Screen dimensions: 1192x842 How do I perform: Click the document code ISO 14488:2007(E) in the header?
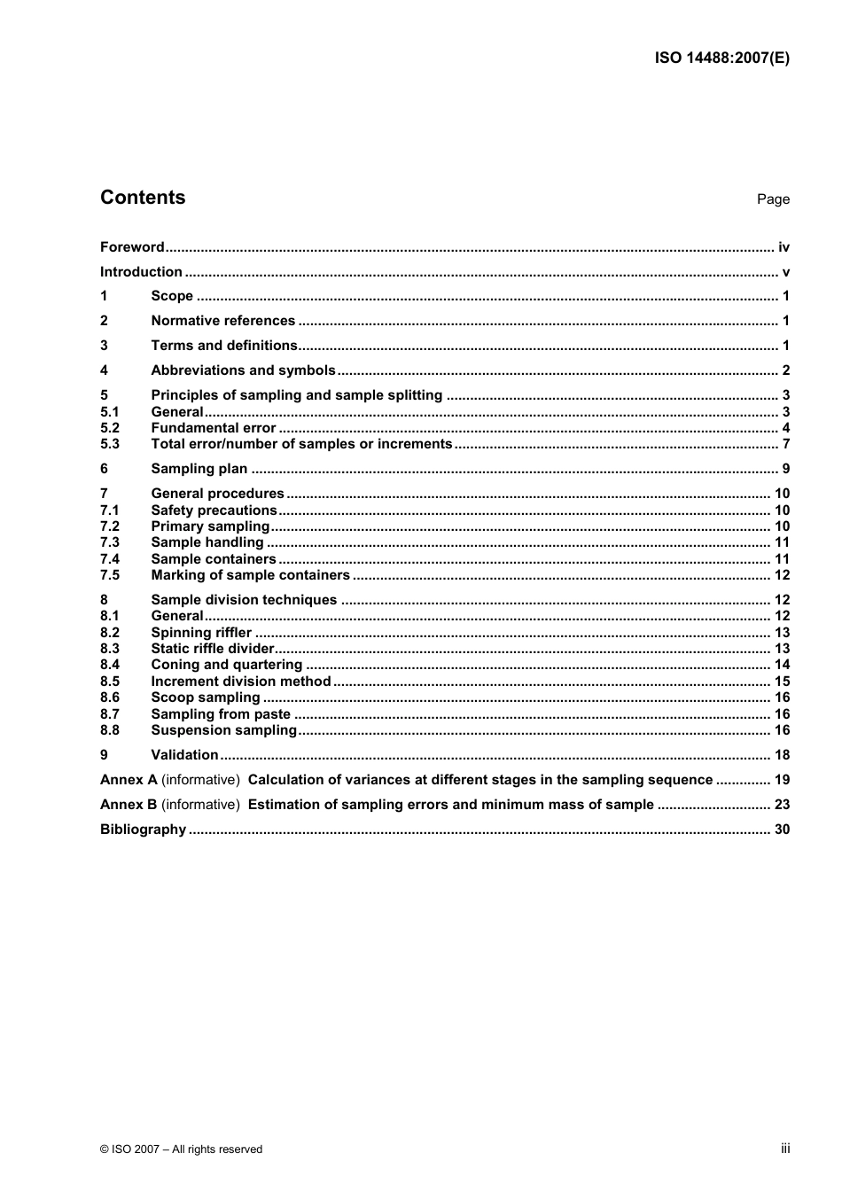click(x=721, y=58)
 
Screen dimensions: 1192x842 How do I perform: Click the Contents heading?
click(x=143, y=198)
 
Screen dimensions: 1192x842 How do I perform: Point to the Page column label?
click(x=773, y=199)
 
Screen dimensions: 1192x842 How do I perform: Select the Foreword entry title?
click(x=132, y=247)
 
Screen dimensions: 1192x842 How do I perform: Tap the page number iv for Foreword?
click(x=784, y=247)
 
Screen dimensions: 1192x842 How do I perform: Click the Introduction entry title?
click(x=141, y=272)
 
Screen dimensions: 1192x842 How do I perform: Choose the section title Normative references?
click(x=222, y=321)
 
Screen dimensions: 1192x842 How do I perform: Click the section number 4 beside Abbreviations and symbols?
click(x=104, y=370)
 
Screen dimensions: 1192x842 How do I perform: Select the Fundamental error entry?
click(x=214, y=428)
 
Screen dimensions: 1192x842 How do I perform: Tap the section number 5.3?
click(x=109, y=444)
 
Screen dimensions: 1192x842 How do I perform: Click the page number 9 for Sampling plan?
click(x=785, y=469)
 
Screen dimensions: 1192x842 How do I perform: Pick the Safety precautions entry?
click(x=214, y=510)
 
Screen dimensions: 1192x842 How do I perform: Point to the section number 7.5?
click(x=109, y=575)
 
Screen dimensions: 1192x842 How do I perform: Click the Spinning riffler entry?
click(x=201, y=633)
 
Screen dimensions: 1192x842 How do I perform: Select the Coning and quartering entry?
click(x=226, y=665)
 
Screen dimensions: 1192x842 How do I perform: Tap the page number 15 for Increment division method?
click(x=782, y=682)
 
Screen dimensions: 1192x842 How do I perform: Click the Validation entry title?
click(x=184, y=755)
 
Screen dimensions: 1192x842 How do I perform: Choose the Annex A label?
click(x=129, y=780)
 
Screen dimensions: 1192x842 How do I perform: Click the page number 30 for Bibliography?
click(x=782, y=830)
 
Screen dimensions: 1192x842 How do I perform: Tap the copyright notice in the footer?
click(x=181, y=1149)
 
